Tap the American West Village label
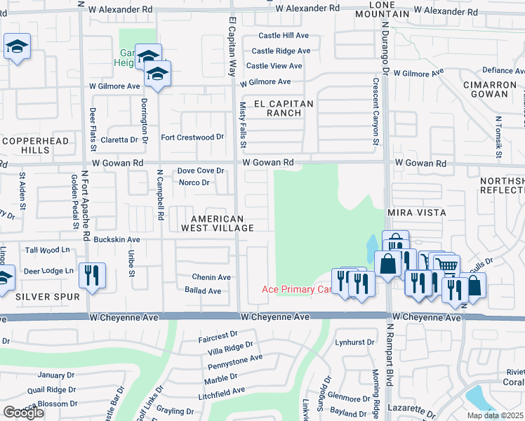click(x=218, y=222)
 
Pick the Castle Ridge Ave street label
click(x=281, y=51)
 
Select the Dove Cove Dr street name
click(x=200, y=171)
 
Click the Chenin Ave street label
click(x=211, y=277)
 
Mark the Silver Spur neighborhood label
click(x=48, y=297)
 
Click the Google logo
click(x=23, y=413)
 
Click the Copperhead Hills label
click(x=28, y=145)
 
